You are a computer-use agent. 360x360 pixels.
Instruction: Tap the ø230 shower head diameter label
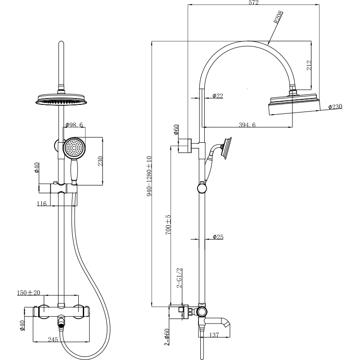(x=335, y=107)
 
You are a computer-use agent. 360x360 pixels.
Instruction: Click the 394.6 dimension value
(x=246, y=125)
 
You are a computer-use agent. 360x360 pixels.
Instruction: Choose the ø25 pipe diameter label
(x=218, y=237)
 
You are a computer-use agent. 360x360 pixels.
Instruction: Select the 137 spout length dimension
(x=214, y=335)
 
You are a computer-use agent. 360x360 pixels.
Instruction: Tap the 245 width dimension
(x=53, y=340)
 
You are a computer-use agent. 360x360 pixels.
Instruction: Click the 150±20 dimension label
(x=28, y=292)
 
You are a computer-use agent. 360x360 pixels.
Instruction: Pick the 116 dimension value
(x=42, y=204)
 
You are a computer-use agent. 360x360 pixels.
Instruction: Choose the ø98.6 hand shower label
(x=74, y=125)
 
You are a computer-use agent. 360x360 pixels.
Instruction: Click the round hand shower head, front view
(x=73, y=148)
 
